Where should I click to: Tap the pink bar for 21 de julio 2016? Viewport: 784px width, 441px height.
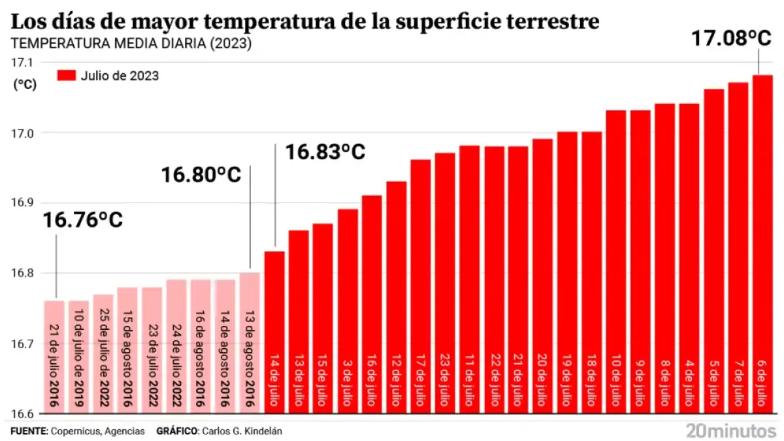click(54, 356)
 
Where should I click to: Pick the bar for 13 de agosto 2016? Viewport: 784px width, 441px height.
click(250, 343)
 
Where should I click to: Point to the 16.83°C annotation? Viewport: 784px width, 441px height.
click(325, 152)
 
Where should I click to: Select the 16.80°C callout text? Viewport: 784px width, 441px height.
click(201, 174)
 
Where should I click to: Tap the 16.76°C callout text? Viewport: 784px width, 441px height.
click(83, 220)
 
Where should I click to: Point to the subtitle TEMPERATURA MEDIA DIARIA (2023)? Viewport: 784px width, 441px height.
click(131, 44)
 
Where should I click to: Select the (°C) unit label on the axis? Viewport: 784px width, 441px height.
click(25, 84)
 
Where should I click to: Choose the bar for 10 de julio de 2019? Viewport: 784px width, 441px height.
click(78, 356)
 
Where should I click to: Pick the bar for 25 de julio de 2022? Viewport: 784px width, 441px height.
click(103, 353)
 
